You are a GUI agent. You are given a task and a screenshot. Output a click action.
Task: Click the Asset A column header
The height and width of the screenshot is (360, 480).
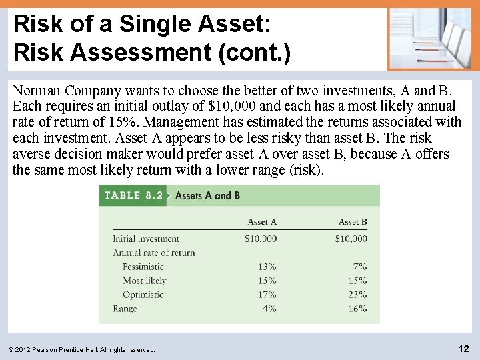(x=262, y=222)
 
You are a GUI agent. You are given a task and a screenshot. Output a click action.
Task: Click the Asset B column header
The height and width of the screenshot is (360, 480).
(x=353, y=222)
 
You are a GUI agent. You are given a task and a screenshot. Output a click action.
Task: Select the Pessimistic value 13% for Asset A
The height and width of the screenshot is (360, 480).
(x=267, y=267)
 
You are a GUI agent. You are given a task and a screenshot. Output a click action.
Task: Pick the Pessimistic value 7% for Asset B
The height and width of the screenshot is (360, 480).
(x=360, y=267)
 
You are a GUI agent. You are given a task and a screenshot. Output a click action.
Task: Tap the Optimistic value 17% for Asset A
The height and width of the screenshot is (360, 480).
(x=267, y=295)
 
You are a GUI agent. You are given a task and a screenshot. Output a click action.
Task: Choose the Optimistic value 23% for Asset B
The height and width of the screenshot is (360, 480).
(x=357, y=295)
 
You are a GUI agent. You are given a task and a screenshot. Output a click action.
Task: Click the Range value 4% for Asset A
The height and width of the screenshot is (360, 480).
(x=269, y=309)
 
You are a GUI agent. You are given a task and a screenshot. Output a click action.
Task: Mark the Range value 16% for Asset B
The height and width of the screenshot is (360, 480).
(x=357, y=309)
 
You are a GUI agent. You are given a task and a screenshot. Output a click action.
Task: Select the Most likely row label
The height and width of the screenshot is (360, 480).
(x=144, y=281)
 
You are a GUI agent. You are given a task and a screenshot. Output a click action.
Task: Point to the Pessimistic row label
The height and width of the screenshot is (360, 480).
(x=143, y=267)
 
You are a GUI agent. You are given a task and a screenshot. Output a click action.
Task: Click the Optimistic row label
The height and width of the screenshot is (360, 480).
(x=143, y=295)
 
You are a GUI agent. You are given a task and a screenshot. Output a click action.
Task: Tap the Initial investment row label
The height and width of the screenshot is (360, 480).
(x=145, y=239)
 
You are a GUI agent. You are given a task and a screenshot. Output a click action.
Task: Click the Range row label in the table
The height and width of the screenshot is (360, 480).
(x=125, y=309)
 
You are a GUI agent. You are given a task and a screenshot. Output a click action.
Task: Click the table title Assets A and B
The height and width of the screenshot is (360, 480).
(x=207, y=195)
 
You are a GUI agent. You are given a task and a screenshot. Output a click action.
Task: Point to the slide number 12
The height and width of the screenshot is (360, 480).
(x=464, y=349)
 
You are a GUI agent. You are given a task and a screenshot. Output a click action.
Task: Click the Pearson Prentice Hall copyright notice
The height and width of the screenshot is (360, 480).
(x=82, y=349)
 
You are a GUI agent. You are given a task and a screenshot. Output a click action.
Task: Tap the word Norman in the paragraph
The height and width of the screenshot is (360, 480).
(x=36, y=90)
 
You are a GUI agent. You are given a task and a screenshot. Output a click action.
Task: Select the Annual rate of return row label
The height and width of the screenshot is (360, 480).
(x=153, y=253)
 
